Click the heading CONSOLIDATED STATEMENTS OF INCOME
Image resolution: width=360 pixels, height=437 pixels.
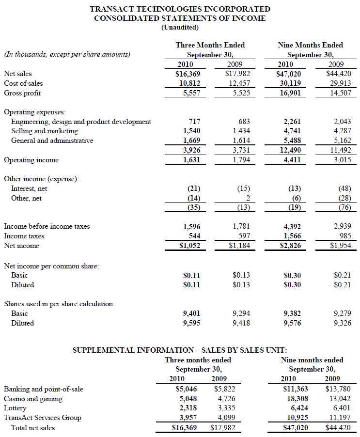[x=180, y=18]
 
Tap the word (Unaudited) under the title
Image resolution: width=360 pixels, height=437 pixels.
[x=180, y=28]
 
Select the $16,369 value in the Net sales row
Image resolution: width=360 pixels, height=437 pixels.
[x=188, y=74]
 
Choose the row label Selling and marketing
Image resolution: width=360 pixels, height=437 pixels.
[x=45, y=131]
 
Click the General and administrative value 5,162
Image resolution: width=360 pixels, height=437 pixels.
[x=340, y=140]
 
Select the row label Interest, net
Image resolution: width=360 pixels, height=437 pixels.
[x=29, y=188]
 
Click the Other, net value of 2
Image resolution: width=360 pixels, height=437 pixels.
[x=247, y=198]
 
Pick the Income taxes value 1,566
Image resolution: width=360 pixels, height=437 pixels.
[x=291, y=236]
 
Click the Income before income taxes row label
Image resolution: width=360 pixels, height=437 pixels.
[x=47, y=226]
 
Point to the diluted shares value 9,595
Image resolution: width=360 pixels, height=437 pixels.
[x=191, y=323]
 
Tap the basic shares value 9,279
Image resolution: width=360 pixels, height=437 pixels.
[x=342, y=313]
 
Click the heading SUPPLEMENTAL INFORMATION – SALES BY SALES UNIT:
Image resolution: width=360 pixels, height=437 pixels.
[x=180, y=350]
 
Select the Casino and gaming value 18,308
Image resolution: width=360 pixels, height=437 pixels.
[x=294, y=399]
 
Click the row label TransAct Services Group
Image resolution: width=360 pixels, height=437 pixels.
[x=43, y=418]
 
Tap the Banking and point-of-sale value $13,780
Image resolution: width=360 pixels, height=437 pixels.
[x=337, y=389]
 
